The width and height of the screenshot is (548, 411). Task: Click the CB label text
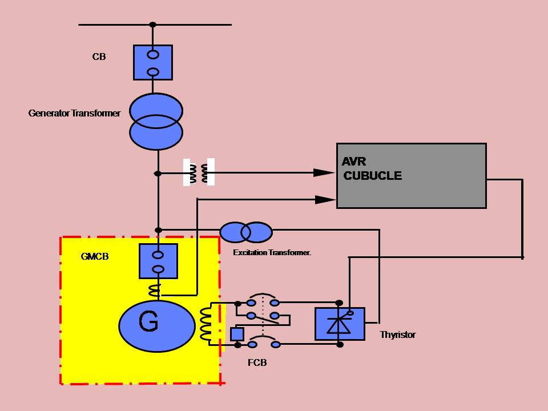point(99,57)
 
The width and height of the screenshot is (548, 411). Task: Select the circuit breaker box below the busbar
point(153,63)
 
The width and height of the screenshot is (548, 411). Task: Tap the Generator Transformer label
point(74,114)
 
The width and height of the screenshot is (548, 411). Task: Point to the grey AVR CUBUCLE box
point(411,188)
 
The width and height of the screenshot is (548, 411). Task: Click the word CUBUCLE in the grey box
point(372,176)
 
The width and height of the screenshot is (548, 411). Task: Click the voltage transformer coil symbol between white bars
point(199,173)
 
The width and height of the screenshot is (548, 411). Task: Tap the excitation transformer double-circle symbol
point(246,232)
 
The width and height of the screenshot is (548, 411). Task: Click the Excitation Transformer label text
point(272,252)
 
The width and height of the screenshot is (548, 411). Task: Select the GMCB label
point(95,257)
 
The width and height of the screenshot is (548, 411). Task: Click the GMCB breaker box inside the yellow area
point(158,261)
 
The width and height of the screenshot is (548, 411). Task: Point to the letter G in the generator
point(148,323)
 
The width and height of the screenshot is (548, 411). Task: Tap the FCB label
point(257,362)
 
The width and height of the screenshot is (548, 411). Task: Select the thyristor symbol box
point(340,324)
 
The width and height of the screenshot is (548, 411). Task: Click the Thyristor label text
point(398,335)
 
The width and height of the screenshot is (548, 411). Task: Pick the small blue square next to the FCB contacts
point(237,334)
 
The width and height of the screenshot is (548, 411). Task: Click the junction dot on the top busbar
point(152,25)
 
